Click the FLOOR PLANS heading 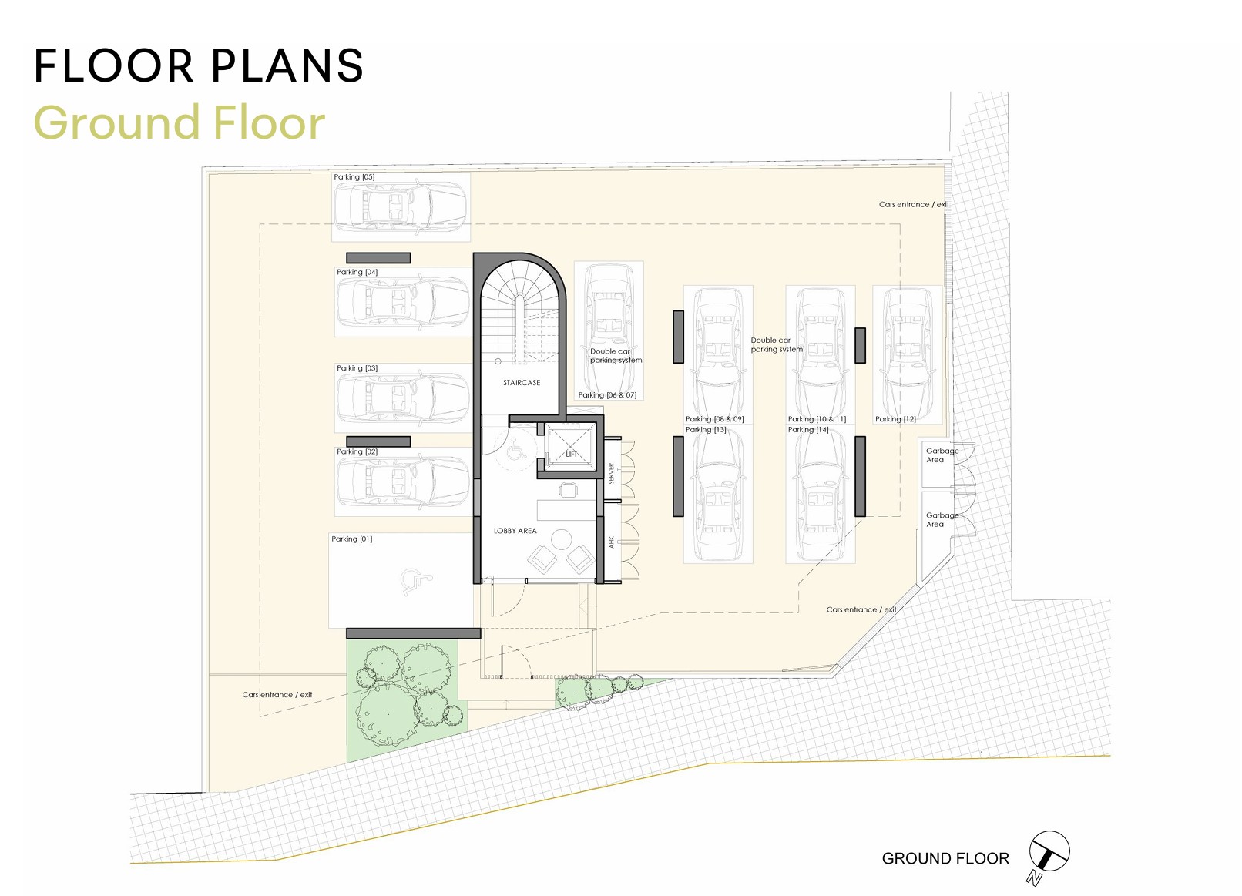pyautogui.click(x=199, y=65)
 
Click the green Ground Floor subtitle pyautogui.click(x=179, y=123)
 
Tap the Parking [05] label pyautogui.click(x=354, y=177)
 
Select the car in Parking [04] pyautogui.click(x=403, y=302)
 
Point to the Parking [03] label pyautogui.click(x=357, y=368)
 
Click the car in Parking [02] pyautogui.click(x=403, y=482)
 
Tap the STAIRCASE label pyautogui.click(x=521, y=383)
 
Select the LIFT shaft pyautogui.click(x=571, y=446)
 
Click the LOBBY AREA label pyautogui.click(x=515, y=531)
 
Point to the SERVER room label pyautogui.click(x=611, y=474)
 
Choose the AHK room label pyautogui.click(x=611, y=542)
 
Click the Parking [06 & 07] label pyautogui.click(x=607, y=394)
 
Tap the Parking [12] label pyautogui.click(x=895, y=418)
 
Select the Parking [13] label pyautogui.click(x=706, y=429)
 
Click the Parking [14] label pyautogui.click(x=808, y=429)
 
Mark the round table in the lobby pyautogui.click(x=561, y=539)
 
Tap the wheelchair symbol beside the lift pyautogui.click(x=516, y=449)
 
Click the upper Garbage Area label pyautogui.click(x=942, y=455)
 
